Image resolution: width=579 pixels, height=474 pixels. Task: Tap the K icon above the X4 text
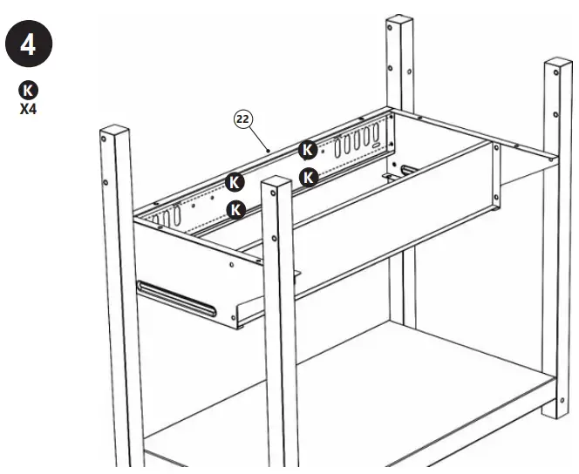click(x=29, y=90)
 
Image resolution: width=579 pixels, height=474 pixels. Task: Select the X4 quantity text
click(x=29, y=110)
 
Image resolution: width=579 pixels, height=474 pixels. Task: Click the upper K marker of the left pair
click(x=234, y=182)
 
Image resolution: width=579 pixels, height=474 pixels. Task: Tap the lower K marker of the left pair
click(x=234, y=209)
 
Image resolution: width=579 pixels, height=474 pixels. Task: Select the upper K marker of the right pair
click(x=307, y=150)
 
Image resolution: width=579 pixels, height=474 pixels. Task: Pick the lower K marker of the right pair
click(x=307, y=178)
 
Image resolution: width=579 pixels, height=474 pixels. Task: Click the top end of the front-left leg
click(x=115, y=135)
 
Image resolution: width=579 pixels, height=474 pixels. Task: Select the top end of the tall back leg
click(x=398, y=22)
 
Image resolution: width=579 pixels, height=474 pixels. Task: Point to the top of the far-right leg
click(x=557, y=66)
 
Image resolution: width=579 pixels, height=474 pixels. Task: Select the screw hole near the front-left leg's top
click(x=106, y=183)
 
